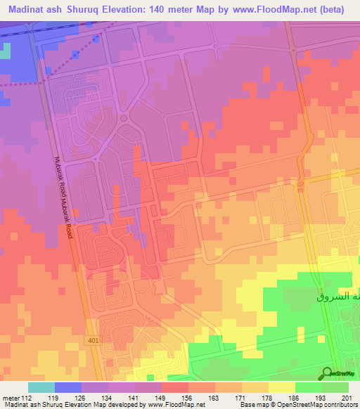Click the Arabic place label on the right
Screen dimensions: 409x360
point(337,297)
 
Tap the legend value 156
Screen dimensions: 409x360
point(188,397)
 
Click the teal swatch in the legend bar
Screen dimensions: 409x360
point(41,387)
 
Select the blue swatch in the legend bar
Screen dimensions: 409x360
point(68,387)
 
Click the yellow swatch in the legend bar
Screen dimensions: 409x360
point(282,387)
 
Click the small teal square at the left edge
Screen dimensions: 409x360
point(6,51)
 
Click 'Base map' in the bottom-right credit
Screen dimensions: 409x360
point(253,405)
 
